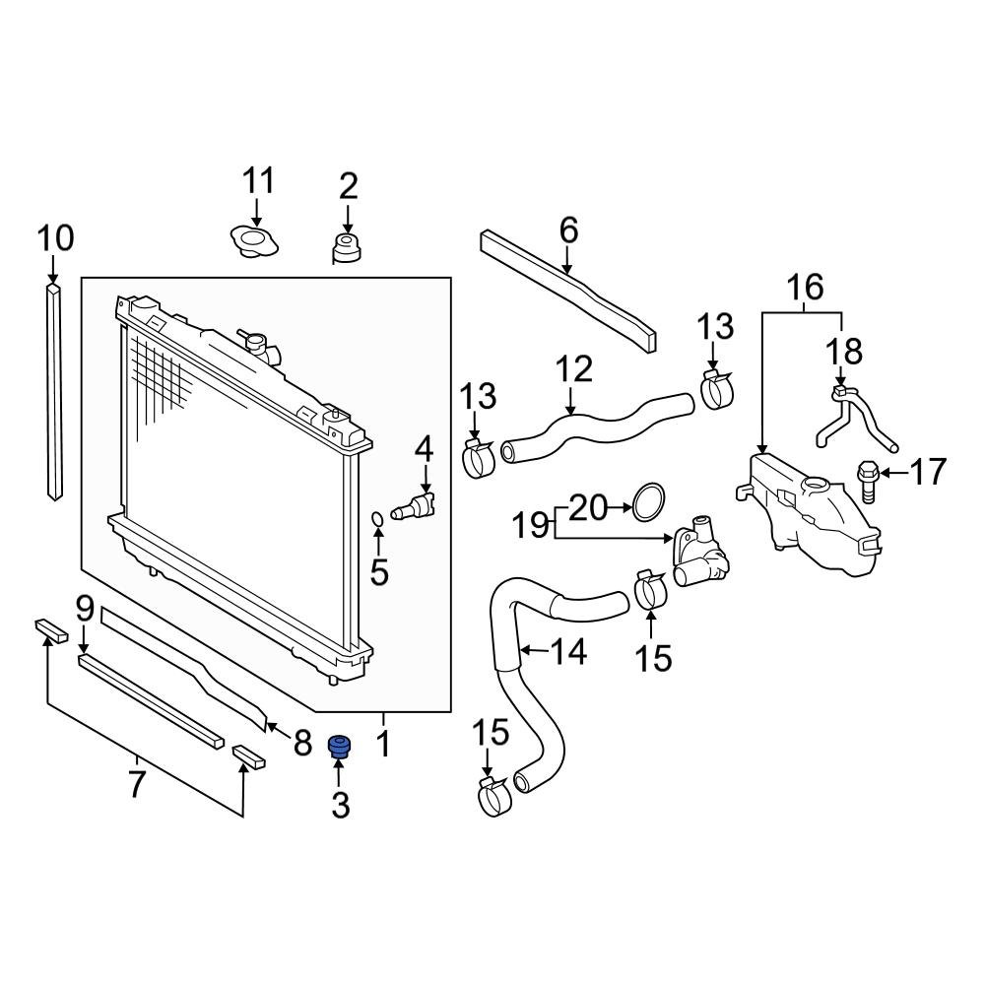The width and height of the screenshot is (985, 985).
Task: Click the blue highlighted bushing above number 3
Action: [340, 748]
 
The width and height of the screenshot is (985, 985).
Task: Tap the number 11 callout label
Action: [258, 181]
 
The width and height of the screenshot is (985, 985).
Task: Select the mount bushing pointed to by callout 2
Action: [347, 248]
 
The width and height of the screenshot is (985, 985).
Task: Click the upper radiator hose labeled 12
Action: [591, 425]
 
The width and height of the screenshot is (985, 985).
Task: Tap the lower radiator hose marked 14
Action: [522, 670]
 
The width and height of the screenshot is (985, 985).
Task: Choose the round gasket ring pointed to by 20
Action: [646, 502]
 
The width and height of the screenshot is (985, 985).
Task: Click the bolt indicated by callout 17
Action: [869, 481]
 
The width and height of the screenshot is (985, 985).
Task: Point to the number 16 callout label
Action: [804, 288]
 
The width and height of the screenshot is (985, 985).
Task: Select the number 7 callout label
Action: [136, 784]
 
